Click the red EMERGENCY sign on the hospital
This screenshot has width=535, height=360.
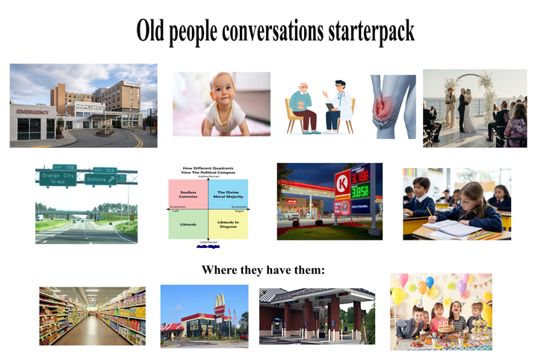pos(32,111)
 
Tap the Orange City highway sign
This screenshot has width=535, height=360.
pos(57,177)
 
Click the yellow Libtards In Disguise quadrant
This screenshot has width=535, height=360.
pos(226,224)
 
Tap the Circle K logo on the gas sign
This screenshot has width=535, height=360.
pos(341,181)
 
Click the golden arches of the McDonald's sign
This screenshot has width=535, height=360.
pos(219,302)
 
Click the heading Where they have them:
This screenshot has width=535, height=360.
pos(263,270)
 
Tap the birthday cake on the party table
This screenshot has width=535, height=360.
pos(445,329)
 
